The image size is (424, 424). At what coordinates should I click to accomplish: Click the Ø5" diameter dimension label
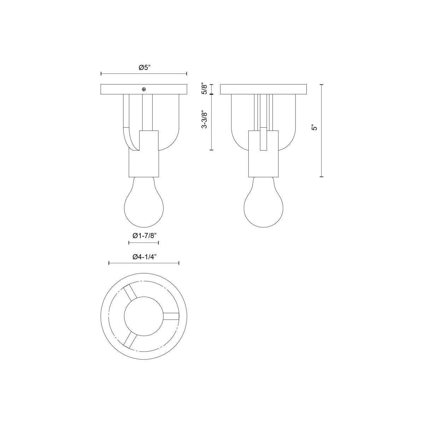(x=144, y=67)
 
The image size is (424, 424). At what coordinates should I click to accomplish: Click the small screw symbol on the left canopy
(x=143, y=89)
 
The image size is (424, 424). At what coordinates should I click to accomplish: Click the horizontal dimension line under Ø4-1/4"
(x=144, y=263)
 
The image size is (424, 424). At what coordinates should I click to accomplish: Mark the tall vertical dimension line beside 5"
(x=322, y=130)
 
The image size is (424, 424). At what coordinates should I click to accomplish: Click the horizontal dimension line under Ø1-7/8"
(x=143, y=243)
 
